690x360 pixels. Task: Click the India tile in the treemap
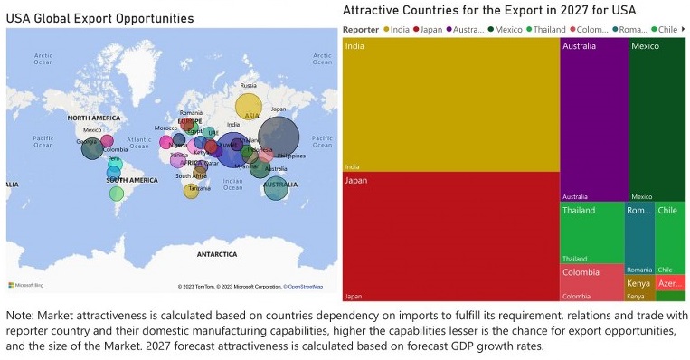(450, 104)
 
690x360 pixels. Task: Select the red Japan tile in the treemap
(450, 237)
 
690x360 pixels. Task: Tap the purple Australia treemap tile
(593, 118)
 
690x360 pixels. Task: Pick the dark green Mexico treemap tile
(657, 118)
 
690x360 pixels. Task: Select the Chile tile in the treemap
(669, 238)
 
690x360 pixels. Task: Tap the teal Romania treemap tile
(638, 238)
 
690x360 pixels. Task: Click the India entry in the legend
(399, 29)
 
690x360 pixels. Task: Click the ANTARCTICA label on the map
(217, 254)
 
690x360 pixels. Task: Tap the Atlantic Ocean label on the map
(138, 141)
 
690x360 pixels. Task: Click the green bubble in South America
(117, 194)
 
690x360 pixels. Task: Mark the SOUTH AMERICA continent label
(132, 180)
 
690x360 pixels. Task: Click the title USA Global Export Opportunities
(99, 18)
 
